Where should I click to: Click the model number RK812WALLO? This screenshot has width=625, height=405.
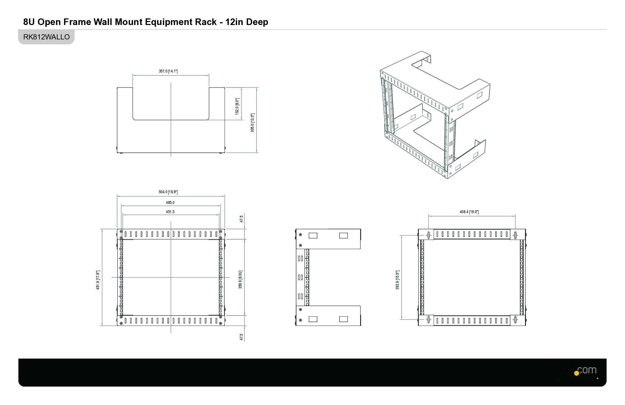click(46, 37)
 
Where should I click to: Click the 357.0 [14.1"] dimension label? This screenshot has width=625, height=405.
click(168, 71)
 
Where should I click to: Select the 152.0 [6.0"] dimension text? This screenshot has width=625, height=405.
click(237, 106)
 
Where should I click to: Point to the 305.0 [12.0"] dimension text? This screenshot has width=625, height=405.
click(252, 123)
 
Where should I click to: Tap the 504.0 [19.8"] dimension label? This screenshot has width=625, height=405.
click(168, 192)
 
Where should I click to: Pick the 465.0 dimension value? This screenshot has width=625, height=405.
click(170, 202)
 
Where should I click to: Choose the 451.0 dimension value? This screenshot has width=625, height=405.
click(170, 212)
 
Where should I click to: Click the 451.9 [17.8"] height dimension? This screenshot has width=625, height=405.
click(98, 280)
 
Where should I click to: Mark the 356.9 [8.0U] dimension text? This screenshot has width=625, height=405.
click(240, 279)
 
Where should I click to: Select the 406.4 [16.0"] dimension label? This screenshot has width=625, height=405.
click(469, 212)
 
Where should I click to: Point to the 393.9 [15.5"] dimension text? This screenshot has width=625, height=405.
click(398, 280)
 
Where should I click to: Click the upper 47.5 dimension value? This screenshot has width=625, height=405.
click(241, 219)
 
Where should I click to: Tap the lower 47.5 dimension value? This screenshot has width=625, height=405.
click(241, 337)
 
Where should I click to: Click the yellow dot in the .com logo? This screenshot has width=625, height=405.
click(576, 373)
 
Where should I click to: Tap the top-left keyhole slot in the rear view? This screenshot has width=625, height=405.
click(429, 235)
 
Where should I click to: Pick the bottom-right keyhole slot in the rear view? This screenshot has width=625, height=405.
click(516, 320)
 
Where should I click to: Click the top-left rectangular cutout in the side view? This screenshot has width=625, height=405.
click(313, 236)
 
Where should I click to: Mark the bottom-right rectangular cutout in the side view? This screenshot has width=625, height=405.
click(344, 319)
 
